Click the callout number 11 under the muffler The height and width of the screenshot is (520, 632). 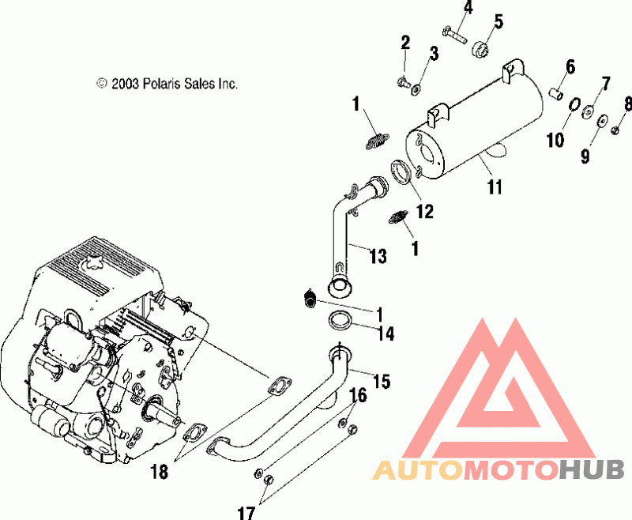pos(495,187)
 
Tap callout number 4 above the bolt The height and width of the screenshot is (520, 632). pos(468,8)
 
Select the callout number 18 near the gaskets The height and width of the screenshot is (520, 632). pos(160,472)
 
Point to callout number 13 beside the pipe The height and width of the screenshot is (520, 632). pos(378,256)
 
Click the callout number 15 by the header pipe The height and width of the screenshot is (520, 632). pos(382,382)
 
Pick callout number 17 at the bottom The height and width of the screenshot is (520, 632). pos(246,513)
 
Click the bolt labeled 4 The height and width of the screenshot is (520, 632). pos(455,34)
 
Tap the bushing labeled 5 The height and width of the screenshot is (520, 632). pos(480,49)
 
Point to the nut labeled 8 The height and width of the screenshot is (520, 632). pos(615,130)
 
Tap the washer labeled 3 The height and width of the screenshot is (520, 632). pos(416,89)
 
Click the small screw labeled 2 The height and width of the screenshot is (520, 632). pos(403,82)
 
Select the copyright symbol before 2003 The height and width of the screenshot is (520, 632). pos(102,84)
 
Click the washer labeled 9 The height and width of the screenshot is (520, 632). pos(603,121)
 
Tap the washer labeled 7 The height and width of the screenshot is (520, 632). pos(588,111)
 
